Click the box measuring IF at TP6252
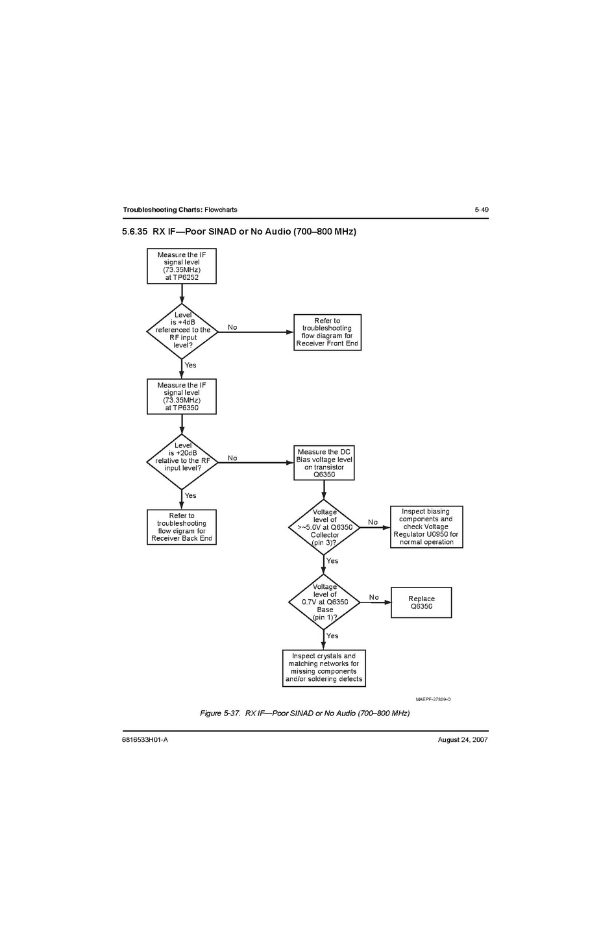pyautogui.click(x=182, y=266)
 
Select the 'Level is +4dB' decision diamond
pyautogui.click(x=182, y=331)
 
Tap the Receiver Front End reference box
pyautogui.click(x=327, y=332)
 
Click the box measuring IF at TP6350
pyautogui.click(x=182, y=397)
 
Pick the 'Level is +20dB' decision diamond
pyautogui.click(x=182, y=462)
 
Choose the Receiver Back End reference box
pyautogui.click(x=182, y=527)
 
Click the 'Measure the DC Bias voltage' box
pyautogui.click(x=324, y=463)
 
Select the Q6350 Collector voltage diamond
pyautogui.click(x=324, y=527)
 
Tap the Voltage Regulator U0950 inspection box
pyautogui.click(x=426, y=527)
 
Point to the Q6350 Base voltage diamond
pyautogui.click(x=324, y=602)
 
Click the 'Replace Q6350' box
pyautogui.click(x=421, y=602)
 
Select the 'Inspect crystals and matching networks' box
pyautogui.click(x=324, y=668)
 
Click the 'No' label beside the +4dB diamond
pyautogui.click(x=232, y=327)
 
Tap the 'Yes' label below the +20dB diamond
pyautogui.click(x=190, y=495)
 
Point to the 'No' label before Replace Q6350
pyautogui.click(x=374, y=597)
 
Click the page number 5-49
pyautogui.click(x=481, y=210)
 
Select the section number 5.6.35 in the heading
pyautogui.click(x=135, y=232)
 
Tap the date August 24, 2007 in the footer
pyautogui.click(x=463, y=740)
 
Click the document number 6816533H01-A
pyautogui.click(x=145, y=740)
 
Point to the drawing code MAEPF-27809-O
pyautogui.click(x=433, y=699)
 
